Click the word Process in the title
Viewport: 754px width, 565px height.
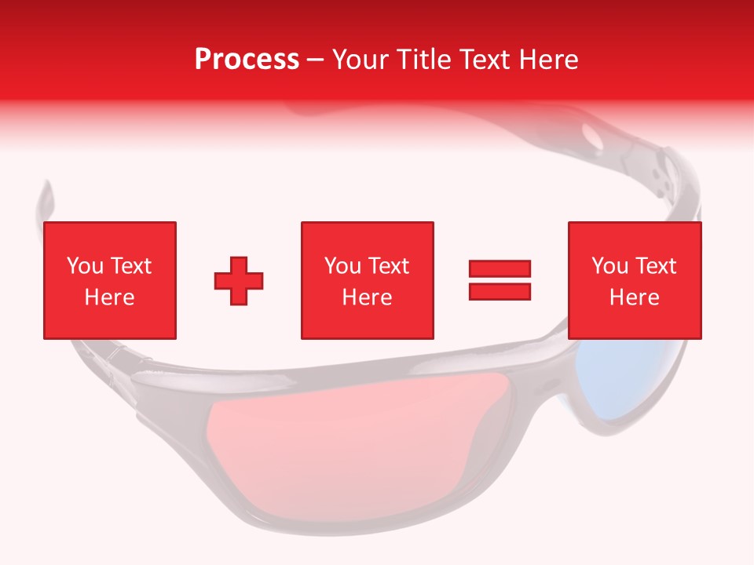click(x=247, y=60)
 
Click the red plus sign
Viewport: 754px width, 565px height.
click(x=239, y=281)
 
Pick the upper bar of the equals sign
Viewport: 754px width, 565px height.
click(x=500, y=269)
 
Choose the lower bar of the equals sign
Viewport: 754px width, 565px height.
click(x=500, y=291)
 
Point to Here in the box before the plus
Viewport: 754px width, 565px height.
click(x=109, y=297)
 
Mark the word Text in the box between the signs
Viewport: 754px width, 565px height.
click(x=389, y=266)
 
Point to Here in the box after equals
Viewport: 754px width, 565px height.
click(x=634, y=297)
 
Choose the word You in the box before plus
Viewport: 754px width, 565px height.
click(x=85, y=266)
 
